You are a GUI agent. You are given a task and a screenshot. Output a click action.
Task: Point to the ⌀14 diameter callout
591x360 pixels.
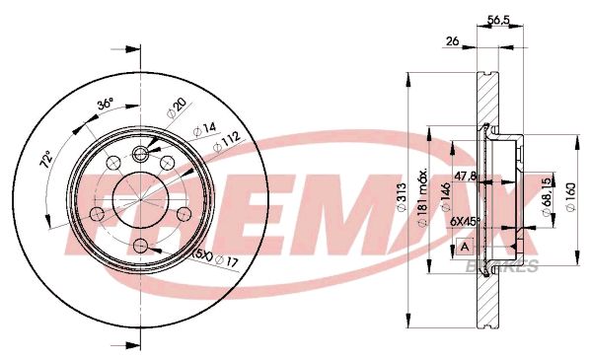coord(204,128)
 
